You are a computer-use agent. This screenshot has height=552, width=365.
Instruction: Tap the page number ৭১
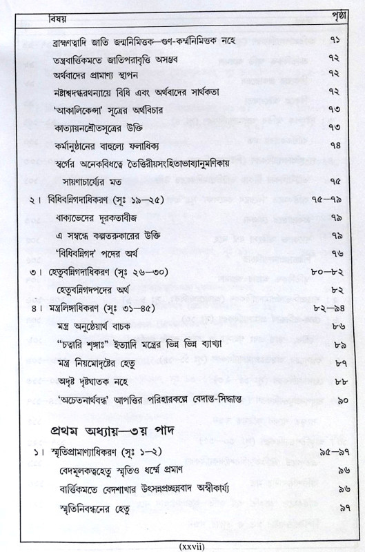click(x=334, y=41)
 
